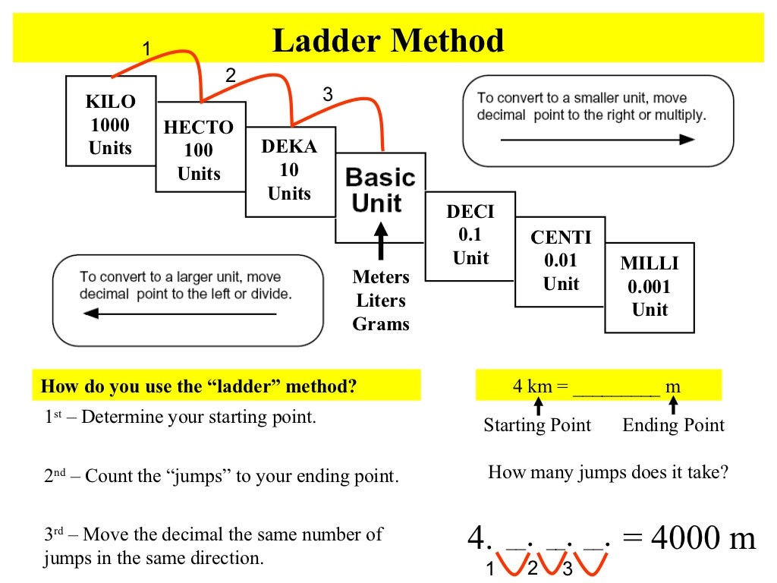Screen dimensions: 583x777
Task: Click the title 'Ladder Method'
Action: [x=388, y=41]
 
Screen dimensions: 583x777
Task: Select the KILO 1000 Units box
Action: [x=111, y=124]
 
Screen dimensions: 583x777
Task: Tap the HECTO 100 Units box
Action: [x=199, y=150]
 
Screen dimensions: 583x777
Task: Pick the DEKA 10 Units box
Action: [x=289, y=170]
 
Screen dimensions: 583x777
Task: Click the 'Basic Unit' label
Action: [x=379, y=191]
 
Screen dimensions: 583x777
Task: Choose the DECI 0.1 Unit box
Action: [x=470, y=235]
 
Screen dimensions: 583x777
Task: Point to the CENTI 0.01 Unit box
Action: [x=561, y=260]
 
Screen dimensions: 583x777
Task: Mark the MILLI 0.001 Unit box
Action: [x=650, y=287]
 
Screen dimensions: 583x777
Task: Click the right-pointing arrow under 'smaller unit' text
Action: [x=597, y=140]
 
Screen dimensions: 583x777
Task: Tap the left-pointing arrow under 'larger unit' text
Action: [x=178, y=314]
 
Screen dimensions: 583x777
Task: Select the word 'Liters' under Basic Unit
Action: [x=381, y=301]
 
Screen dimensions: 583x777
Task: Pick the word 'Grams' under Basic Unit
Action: [x=381, y=324]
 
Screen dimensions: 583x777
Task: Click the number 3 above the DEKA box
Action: [x=327, y=95]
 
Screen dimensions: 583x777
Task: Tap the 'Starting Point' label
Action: [x=537, y=425]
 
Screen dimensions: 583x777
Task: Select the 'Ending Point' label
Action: [x=673, y=425]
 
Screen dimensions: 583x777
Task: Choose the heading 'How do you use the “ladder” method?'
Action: [x=199, y=386]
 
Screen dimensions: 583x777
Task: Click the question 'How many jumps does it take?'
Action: [x=608, y=473]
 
